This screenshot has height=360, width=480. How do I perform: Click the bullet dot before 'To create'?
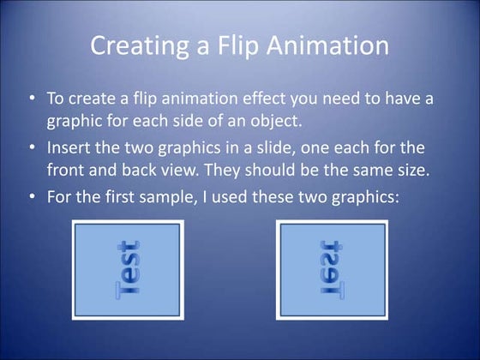(32, 97)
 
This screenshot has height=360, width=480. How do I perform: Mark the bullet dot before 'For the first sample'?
(32, 196)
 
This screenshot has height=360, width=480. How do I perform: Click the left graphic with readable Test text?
(128, 269)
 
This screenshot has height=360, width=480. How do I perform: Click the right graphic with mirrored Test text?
(333, 269)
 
